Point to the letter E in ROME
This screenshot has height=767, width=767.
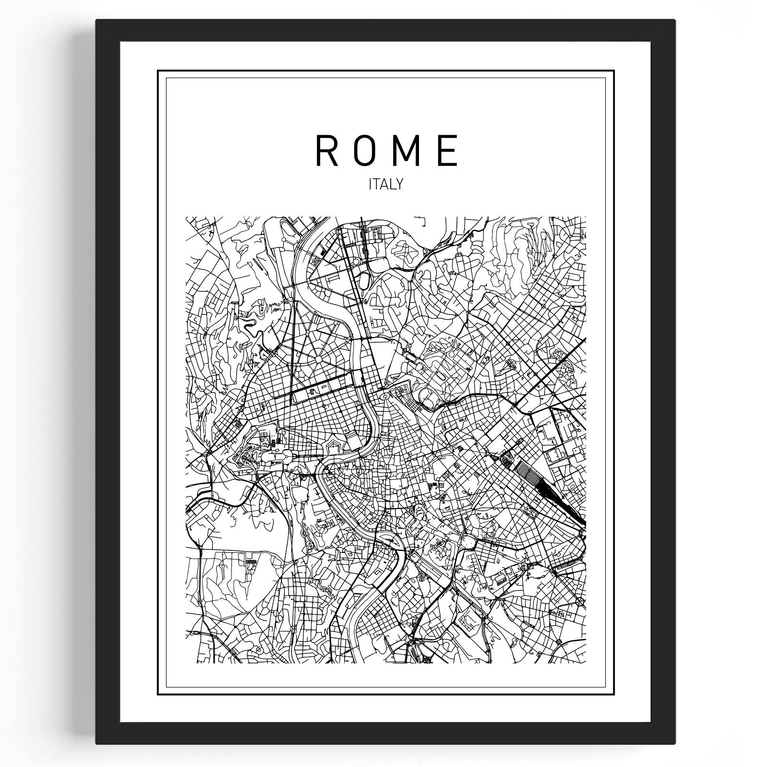[x=448, y=150]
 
